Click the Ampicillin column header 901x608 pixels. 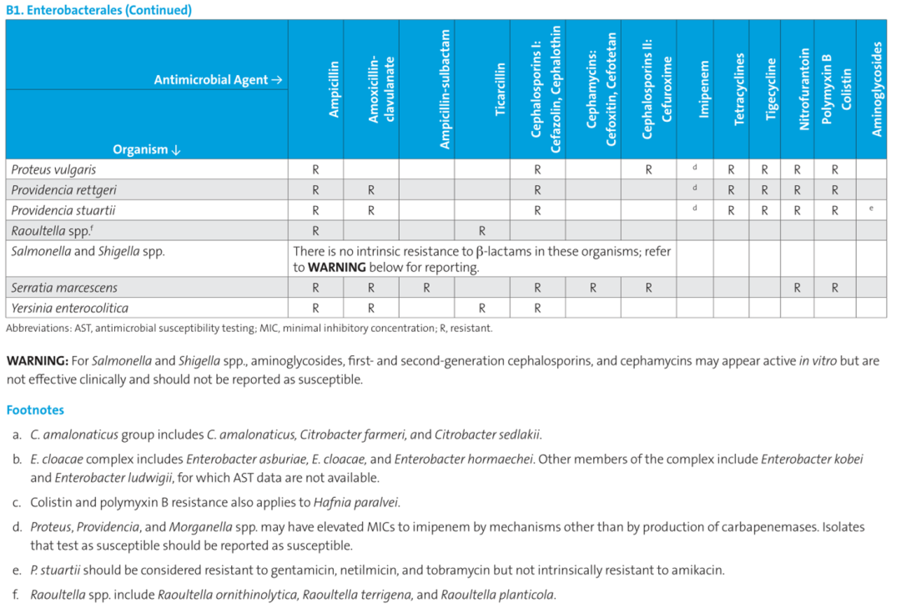click(x=334, y=89)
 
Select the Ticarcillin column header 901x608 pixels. click(x=500, y=89)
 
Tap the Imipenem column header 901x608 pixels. click(x=703, y=89)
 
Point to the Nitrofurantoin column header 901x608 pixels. click(x=803, y=89)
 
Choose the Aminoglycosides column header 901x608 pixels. click(x=876, y=89)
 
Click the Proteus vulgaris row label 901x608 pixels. click(x=53, y=169)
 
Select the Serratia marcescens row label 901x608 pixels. click(x=64, y=288)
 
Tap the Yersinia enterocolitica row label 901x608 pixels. click(x=69, y=308)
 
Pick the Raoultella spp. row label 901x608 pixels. click(x=52, y=230)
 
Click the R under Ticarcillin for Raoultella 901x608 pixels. click(x=481, y=231)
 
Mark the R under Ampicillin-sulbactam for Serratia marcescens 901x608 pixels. click(x=426, y=288)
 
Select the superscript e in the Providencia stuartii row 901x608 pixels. click(x=871, y=208)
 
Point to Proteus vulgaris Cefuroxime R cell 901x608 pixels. click(x=648, y=170)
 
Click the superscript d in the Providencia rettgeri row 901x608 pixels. click(x=695, y=188)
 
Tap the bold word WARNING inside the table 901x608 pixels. click(x=337, y=267)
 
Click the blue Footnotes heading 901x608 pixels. click(x=35, y=410)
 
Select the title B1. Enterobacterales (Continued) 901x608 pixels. click(x=98, y=10)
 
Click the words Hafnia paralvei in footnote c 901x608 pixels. click(x=355, y=503)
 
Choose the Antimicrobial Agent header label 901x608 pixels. click(x=218, y=80)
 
